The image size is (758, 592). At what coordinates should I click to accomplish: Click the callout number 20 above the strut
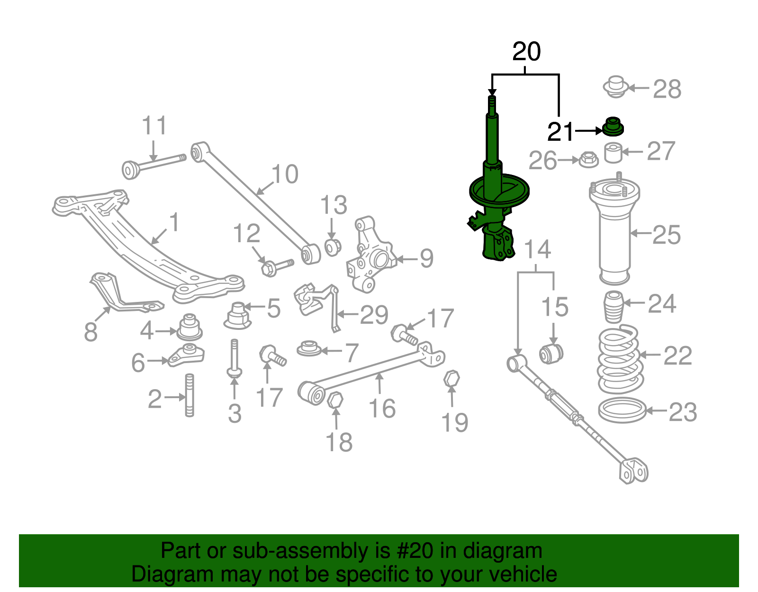(x=526, y=52)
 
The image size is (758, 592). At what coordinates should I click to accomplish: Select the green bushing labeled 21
(x=614, y=126)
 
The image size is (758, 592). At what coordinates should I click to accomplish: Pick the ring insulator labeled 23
(x=622, y=410)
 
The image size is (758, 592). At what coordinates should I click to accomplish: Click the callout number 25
(x=667, y=235)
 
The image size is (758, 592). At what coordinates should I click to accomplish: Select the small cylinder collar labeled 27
(x=614, y=153)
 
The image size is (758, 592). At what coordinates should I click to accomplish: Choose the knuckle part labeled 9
(x=372, y=256)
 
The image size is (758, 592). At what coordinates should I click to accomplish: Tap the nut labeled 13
(x=333, y=247)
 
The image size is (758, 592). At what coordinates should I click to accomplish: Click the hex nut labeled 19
(x=451, y=379)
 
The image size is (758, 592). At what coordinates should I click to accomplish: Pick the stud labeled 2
(x=189, y=395)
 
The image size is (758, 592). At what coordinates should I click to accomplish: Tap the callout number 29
(x=374, y=315)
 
